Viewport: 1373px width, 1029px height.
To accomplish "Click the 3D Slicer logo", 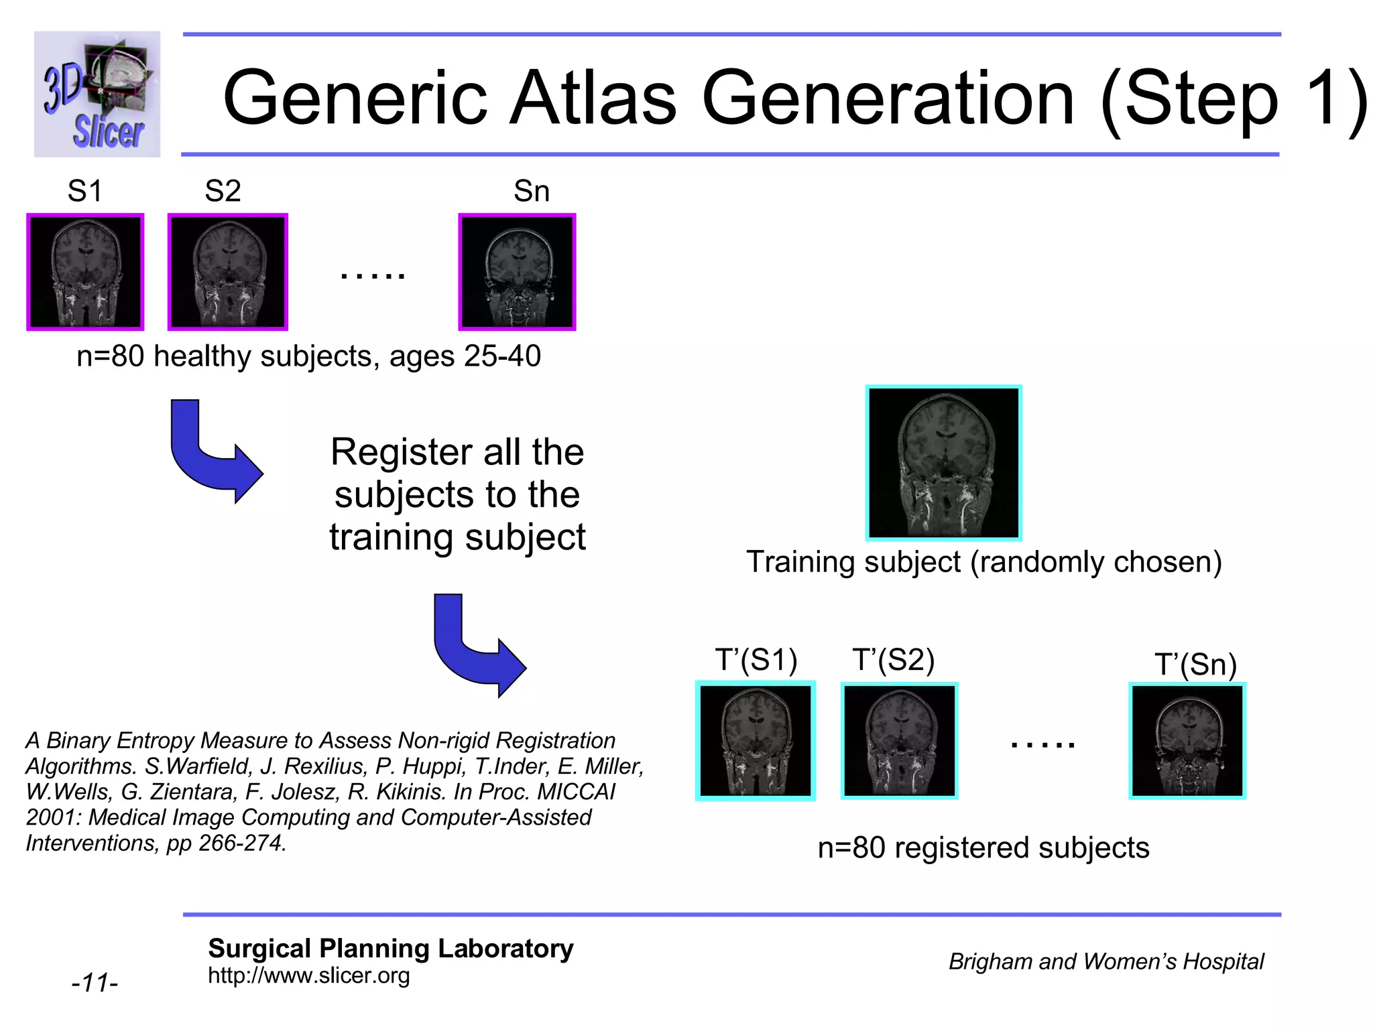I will [x=97, y=94].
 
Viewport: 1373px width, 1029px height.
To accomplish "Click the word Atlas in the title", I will [x=593, y=98].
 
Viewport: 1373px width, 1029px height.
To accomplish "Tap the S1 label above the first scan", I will [x=85, y=192].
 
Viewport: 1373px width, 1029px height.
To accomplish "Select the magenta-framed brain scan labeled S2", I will [x=227, y=272].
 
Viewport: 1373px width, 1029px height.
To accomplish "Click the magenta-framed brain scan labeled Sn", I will [x=517, y=272].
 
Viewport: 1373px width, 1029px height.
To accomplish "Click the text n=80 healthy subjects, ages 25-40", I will [x=308, y=356].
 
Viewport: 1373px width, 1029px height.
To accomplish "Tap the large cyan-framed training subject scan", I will [x=943, y=463].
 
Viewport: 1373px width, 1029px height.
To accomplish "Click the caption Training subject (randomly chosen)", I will [x=983, y=562].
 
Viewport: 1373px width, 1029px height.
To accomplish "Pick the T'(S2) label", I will [x=893, y=661].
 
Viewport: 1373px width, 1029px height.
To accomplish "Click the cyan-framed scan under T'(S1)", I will [x=756, y=740].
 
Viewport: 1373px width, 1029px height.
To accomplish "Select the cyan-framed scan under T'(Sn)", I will [x=1187, y=740].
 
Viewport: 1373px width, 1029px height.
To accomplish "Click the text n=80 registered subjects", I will [x=983, y=848].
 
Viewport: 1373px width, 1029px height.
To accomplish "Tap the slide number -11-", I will [x=95, y=983].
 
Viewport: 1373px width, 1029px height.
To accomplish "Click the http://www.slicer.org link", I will [x=308, y=975].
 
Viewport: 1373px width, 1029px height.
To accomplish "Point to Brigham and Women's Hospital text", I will [x=1106, y=962].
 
